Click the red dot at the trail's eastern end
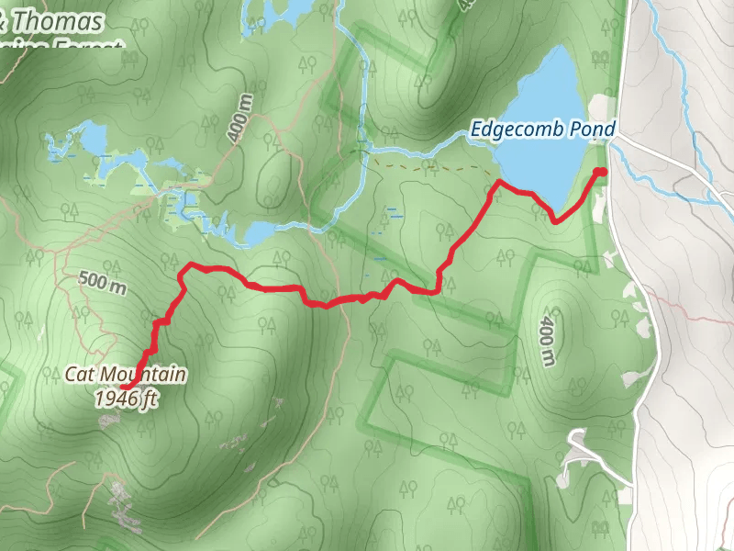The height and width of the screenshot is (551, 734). [x=600, y=172]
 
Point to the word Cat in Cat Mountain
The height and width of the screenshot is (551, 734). [x=79, y=375]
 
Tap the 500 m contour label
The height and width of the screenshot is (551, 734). [x=102, y=285]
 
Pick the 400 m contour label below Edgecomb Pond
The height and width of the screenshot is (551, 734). [x=548, y=339]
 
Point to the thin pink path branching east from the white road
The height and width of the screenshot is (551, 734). [x=697, y=319]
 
